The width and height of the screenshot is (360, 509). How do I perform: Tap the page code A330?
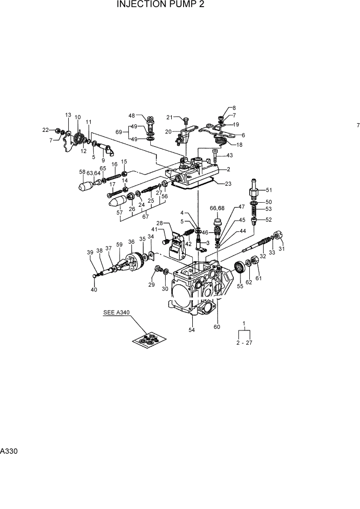tap(8, 452)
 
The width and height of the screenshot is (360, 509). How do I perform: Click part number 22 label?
tap(46, 130)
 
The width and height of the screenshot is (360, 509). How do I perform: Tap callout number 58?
tap(82, 171)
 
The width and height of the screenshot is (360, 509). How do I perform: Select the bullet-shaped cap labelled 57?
tap(119, 201)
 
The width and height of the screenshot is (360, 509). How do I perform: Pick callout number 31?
tap(282, 249)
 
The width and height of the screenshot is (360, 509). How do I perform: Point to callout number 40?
tap(93, 290)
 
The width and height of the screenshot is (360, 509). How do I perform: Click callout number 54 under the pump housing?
tap(192, 330)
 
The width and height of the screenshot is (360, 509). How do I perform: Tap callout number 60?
tap(217, 326)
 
